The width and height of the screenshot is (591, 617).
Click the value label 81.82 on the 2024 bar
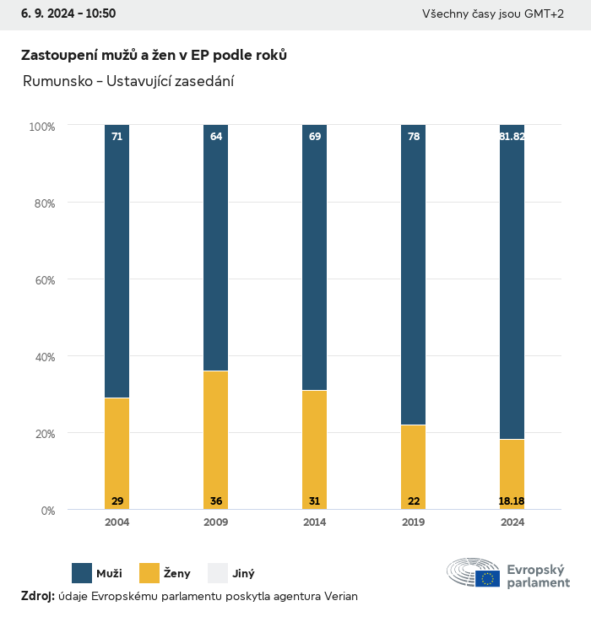(x=512, y=137)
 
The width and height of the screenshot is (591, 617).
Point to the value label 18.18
(x=512, y=501)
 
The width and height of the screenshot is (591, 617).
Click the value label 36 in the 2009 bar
(x=216, y=501)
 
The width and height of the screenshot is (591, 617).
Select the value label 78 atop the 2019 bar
(x=414, y=137)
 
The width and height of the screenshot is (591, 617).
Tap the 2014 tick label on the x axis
(x=315, y=522)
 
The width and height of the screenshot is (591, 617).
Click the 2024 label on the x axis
(x=512, y=522)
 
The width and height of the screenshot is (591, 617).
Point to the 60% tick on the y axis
(x=42, y=280)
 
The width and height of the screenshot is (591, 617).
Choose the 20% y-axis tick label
(x=42, y=434)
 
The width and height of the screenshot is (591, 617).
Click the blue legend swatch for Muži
(x=82, y=573)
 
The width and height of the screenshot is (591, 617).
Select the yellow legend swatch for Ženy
(x=149, y=573)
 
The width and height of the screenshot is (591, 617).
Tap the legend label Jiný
(x=243, y=574)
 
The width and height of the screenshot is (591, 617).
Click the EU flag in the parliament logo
(x=487, y=578)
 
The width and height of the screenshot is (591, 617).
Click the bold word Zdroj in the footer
(x=37, y=597)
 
